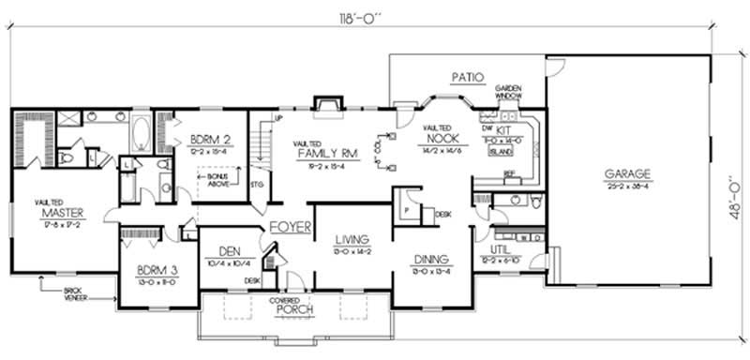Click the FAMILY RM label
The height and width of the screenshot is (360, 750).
324,152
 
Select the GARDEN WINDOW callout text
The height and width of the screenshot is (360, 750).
507,93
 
